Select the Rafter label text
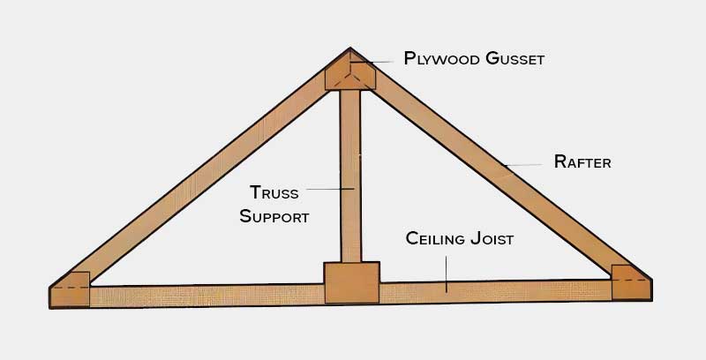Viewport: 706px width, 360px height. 582,161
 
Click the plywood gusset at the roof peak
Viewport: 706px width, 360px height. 351,74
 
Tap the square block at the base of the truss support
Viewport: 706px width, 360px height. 352,282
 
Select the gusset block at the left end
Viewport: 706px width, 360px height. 70,289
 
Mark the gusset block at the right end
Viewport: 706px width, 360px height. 630,284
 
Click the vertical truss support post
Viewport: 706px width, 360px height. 351,176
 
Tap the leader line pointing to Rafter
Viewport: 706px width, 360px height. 524,164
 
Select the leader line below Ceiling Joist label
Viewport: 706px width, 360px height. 447,269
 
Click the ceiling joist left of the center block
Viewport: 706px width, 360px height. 203,295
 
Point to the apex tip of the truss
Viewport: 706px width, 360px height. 350,49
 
